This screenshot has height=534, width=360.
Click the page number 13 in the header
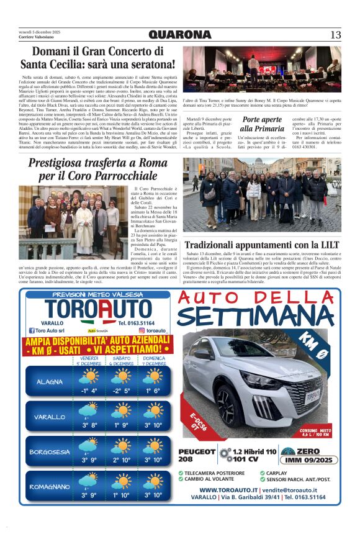click(x=336, y=35)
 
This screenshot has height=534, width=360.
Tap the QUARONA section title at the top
click(x=179, y=35)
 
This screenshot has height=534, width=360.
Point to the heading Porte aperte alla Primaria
click(x=263, y=124)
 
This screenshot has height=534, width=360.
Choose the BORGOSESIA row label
click(x=50, y=452)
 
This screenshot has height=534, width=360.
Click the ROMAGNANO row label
click(x=50, y=487)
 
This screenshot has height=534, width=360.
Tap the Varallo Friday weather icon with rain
click(x=89, y=411)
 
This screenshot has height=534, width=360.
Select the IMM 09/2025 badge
click(x=300, y=460)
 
